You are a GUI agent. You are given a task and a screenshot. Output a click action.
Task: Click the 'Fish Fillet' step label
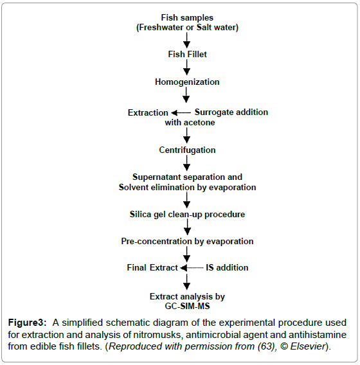(x=187, y=54)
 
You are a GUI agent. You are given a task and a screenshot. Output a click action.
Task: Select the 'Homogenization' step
(x=187, y=82)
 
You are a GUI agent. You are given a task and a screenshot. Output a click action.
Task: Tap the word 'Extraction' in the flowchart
(x=148, y=112)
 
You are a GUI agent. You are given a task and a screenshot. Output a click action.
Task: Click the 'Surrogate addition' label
(x=231, y=112)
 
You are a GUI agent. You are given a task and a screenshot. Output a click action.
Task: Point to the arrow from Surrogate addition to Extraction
(x=181, y=113)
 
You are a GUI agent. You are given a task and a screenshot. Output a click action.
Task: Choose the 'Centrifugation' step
(x=187, y=150)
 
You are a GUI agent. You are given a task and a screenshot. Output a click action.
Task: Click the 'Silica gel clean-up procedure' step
(x=187, y=215)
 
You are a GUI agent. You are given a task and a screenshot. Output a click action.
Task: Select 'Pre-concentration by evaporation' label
(x=187, y=242)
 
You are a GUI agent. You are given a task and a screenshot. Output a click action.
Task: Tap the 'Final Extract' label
(x=152, y=268)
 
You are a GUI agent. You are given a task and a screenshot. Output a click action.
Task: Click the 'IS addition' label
(x=227, y=268)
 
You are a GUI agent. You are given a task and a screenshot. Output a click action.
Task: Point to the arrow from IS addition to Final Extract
(x=192, y=268)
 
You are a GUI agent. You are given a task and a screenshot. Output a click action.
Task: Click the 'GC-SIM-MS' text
(x=187, y=306)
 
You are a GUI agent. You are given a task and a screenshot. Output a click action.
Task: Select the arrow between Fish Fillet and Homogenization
(x=186, y=67)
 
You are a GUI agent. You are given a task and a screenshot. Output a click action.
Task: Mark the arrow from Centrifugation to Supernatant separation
(x=186, y=163)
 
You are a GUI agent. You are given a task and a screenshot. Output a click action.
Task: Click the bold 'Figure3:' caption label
(x=28, y=323)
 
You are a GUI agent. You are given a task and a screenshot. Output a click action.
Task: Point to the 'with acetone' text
(x=190, y=123)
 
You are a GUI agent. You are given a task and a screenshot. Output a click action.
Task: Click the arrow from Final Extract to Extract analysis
(x=186, y=282)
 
